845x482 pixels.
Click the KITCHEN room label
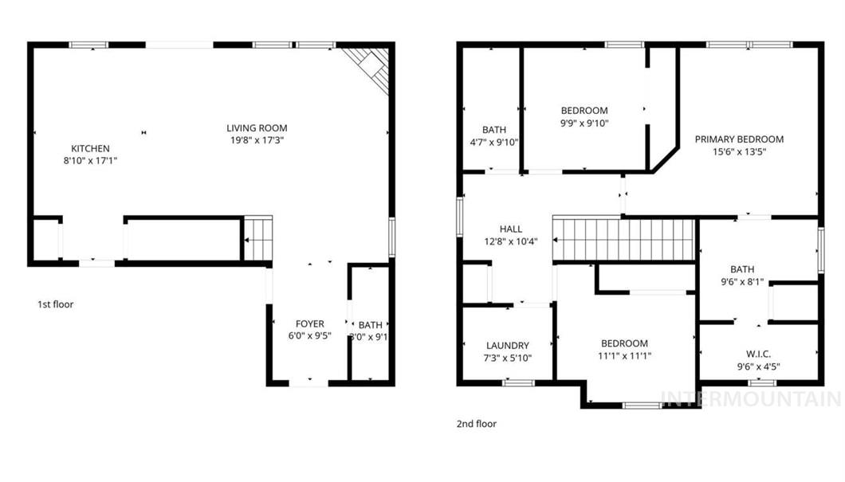point(90,149)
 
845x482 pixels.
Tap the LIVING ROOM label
point(257,128)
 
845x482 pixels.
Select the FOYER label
point(309,324)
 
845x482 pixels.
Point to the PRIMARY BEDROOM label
point(739,139)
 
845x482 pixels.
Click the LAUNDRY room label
point(507,346)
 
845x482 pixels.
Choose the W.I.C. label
point(758,354)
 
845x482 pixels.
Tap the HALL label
point(511,229)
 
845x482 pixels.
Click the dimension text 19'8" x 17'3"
point(257,140)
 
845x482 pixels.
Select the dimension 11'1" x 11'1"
point(624,356)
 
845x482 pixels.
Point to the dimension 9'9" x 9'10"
point(584,123)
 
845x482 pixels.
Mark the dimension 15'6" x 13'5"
point(739,151)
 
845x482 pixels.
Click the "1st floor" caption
point(55,304)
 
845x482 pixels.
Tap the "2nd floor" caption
point(476,424)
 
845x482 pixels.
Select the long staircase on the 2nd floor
point(624,238)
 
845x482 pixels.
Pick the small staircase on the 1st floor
point(257,238)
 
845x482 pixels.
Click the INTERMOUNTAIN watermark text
point(751,398)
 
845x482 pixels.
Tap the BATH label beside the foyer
point(370,325)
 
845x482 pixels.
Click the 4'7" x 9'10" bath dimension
point(493,143)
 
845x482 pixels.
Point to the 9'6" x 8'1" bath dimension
point(741,281)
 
